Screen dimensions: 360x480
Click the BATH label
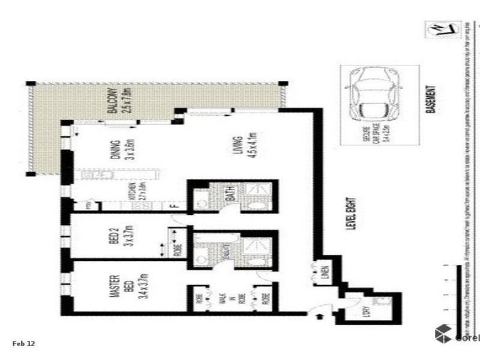point(229,196)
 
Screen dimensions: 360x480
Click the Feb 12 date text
point(24,344)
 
